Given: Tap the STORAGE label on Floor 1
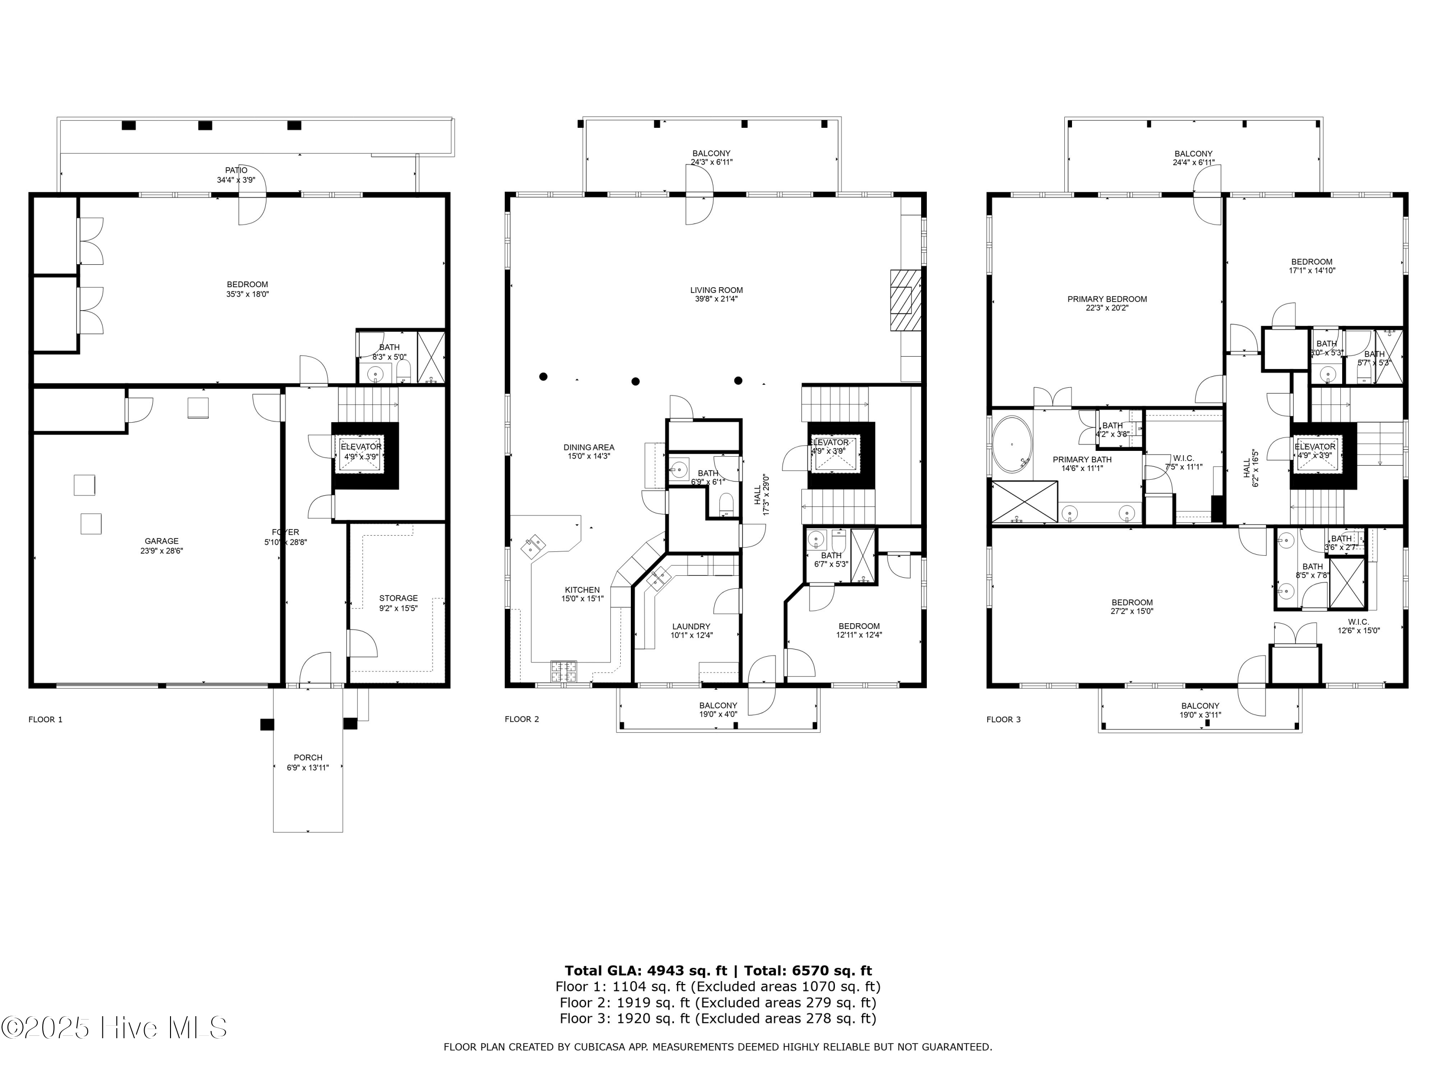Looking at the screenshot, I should tap(398, 598).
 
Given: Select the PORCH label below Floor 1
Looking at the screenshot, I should tap(308, 757).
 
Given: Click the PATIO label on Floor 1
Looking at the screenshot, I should tap(236, 170).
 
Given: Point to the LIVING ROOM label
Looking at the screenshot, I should tap(716, 290).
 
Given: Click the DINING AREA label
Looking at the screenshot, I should tap(589, 447).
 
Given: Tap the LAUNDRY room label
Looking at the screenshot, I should tap(691, 627).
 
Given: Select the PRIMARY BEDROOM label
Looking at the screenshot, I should tap(1107, 299).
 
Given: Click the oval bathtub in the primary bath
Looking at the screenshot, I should tap(1011, 445).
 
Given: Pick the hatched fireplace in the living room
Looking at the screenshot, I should tap(905, 301).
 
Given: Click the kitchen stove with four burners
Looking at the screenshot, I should tap(563, 671).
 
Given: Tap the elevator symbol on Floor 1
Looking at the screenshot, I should tap(361, 452).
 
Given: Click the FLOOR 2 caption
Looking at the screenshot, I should tap(522, 718).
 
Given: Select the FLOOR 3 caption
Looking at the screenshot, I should tap(1003, 719).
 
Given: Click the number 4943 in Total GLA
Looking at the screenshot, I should tap(665, 971).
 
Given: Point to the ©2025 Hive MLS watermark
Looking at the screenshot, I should tap(114, 1028).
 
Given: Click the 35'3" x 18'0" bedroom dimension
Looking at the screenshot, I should tap(248, 294).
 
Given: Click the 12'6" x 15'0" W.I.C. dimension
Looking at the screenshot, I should tap(1358, 630).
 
